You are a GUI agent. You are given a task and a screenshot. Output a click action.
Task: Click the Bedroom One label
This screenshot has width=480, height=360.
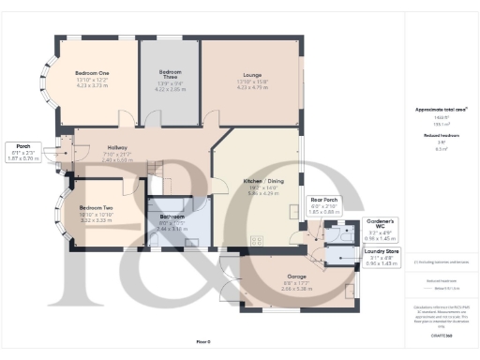93,72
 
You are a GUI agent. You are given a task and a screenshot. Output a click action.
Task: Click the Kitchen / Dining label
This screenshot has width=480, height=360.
263,179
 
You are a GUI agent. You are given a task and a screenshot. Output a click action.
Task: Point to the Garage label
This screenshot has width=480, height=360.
296,277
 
